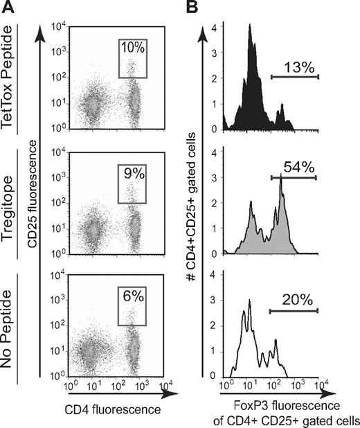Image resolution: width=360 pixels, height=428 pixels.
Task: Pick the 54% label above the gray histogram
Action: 294,167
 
